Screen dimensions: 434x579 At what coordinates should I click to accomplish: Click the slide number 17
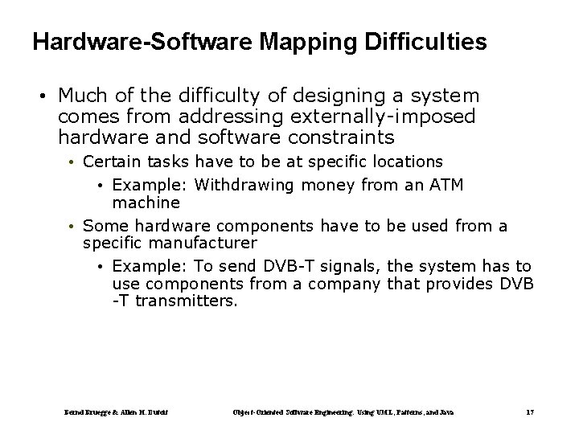tap(529, 411)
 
